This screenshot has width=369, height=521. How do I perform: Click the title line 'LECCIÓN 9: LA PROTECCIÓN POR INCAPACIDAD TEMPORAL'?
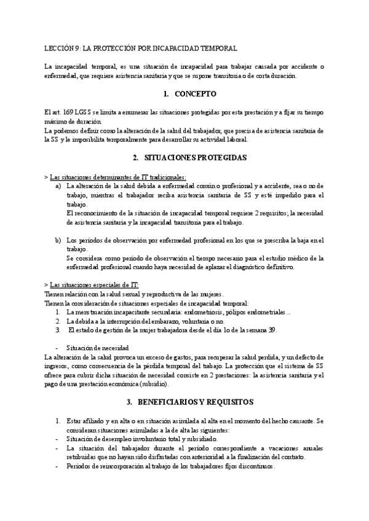141,48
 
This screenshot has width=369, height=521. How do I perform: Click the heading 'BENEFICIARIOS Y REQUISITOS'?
197,385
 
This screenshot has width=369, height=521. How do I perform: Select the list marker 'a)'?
58,186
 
